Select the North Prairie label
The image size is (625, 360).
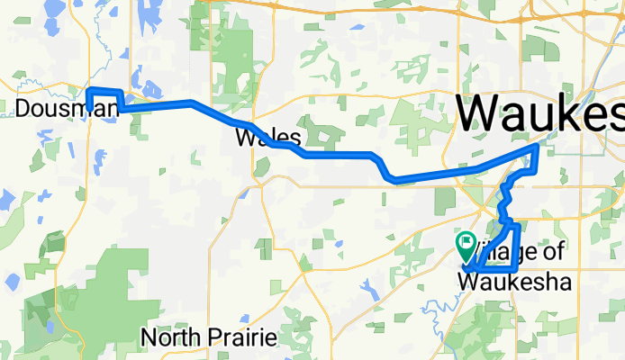pos(207,338)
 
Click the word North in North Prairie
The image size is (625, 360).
pos(168,338)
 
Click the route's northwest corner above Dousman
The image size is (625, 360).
pos(88,90)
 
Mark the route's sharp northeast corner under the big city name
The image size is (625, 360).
pos(538,145)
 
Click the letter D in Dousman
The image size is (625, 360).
pos(23,110)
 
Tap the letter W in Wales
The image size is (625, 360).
pos(242,139)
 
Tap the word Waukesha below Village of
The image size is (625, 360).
pos(514,282)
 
